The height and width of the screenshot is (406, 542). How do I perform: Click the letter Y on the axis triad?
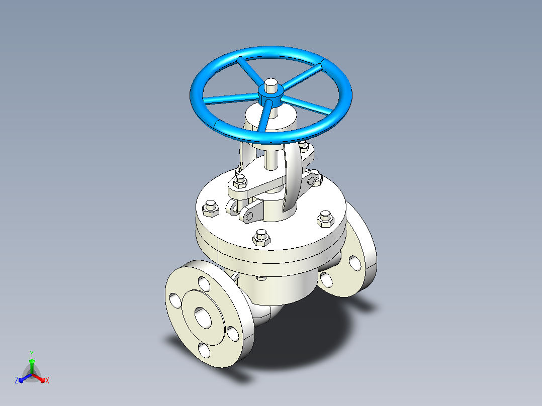click(x=32, y=353)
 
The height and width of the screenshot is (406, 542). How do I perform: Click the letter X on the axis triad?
click(x=47, y=380)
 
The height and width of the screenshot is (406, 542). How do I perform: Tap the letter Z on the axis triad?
click(x=17, y=380)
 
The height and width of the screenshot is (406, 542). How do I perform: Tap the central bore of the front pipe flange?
click(x=203, y=317)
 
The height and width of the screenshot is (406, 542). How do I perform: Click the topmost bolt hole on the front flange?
click(x=204, y=284)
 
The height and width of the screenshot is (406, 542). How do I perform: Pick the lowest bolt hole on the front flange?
click(x=204, y=350)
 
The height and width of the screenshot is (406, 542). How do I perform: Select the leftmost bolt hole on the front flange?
click(x=175, y=300)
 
